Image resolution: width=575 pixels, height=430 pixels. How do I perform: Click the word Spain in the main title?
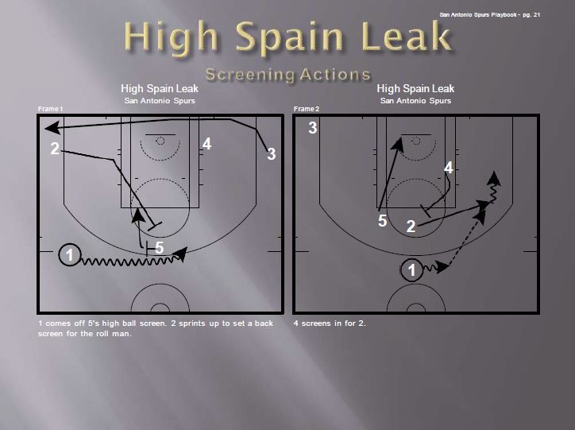(291, 39)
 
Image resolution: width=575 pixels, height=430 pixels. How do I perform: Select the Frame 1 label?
(50, 108)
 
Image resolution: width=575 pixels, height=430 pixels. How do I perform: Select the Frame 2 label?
(306, 108)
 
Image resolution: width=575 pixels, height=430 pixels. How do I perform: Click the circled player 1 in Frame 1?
(71, 255)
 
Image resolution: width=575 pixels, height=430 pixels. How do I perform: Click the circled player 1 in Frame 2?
(411, 270)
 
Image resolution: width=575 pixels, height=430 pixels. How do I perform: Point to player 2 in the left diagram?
(55, 149)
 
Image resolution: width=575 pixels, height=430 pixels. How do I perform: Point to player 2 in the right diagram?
(411, 227)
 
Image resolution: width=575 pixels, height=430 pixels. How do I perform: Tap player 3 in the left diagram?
(271, 154)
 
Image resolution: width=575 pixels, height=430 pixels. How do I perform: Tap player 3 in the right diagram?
(313, 128)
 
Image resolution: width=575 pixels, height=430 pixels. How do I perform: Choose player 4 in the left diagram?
(206, 144)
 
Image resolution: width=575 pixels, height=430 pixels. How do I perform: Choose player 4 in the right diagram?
(448, 168)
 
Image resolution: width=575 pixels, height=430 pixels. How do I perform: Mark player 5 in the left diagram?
(159, 248)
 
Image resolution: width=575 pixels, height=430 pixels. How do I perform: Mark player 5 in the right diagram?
(382, 220)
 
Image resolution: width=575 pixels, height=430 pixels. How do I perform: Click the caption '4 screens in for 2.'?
(330, 323)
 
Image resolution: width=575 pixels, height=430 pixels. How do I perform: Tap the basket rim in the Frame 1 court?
(160, 141)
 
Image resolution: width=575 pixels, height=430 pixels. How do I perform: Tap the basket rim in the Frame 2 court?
(415, 141)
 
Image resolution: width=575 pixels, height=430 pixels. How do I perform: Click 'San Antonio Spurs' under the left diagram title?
(160, 101)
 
